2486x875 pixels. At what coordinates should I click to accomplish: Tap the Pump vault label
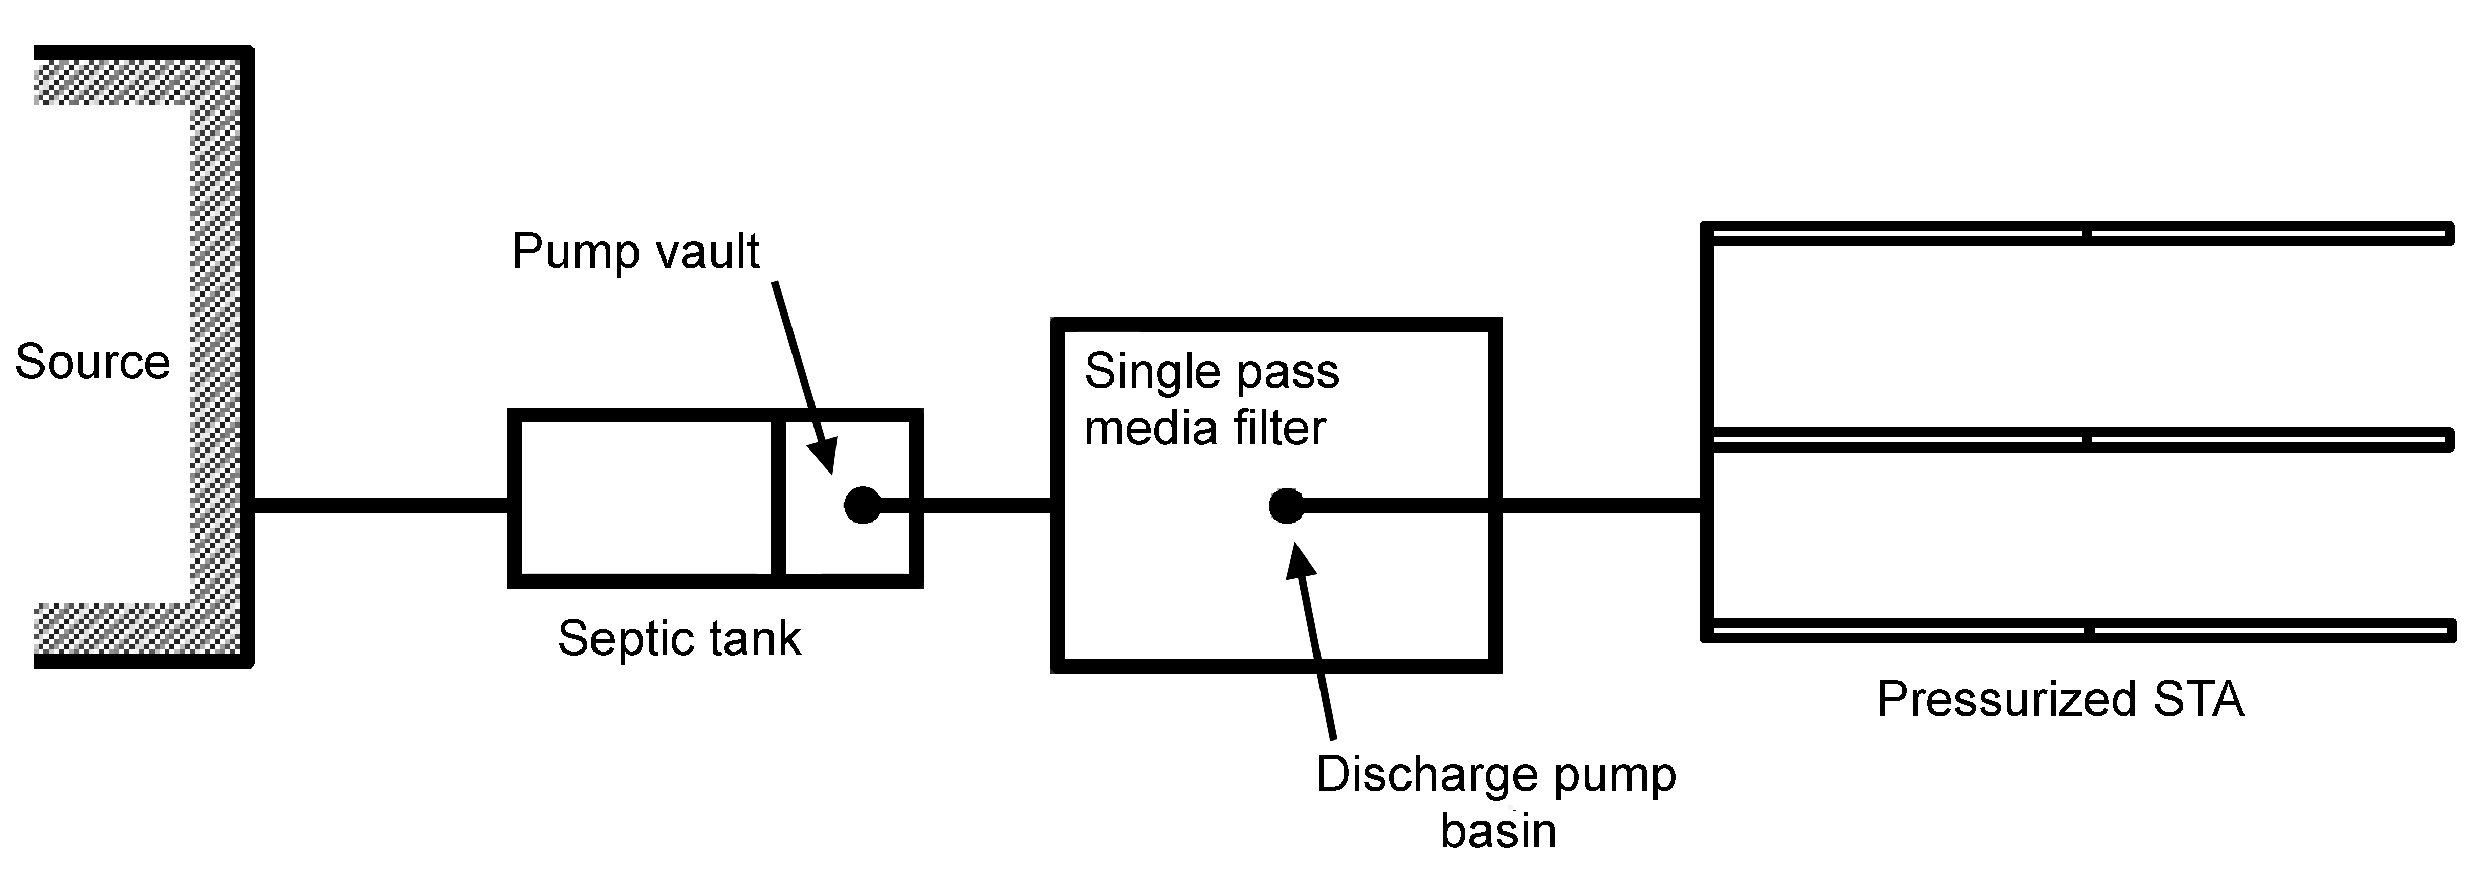pyautogui.click(x=635, y=252)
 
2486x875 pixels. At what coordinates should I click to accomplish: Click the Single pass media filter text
pyautogui.click(x=1211, y=399)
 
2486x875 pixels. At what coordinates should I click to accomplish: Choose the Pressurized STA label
pyautogui.click(x=2059, y=700)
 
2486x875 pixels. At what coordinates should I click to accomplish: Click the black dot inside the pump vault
pyautogui.click(x=862, y=505)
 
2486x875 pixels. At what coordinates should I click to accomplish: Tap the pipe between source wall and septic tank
pyautogui.click(x=381, y=505)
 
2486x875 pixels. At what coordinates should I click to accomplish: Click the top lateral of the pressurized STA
pyautogui.click(x=2075, y=234)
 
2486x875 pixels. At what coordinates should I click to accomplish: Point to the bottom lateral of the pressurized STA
pyautogui.click(x=2075, y=632)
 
